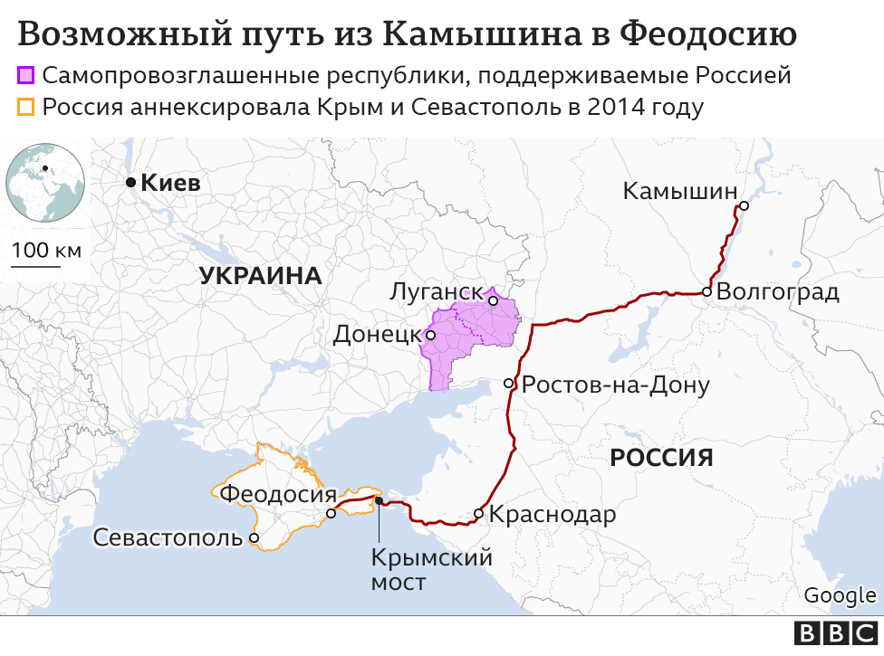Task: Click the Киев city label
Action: pos(170,183)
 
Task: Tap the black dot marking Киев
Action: pos(130,183)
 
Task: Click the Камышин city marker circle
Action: pos(744,206)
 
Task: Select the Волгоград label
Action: pos(777,292)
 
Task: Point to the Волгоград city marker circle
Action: pos(706,291)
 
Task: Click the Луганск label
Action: pos(434,292)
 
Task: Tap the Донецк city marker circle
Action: pos(431,335)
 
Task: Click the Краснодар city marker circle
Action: pos(478,514)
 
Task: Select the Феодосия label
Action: pos(278,494)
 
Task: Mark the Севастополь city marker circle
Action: pos(255,537)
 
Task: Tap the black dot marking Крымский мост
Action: pos(380,500)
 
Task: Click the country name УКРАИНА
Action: pos(261,276)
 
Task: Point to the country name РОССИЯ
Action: pos(661,457)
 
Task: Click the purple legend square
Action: pos(26,75)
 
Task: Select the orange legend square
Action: pos(26,108)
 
